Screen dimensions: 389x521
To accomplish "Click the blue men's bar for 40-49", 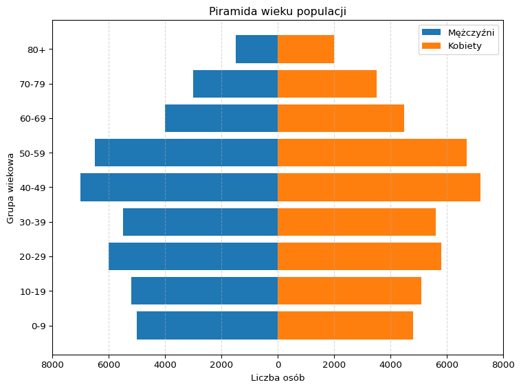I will [x=179, y=187].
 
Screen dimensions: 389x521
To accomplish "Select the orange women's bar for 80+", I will [x=306, y=49].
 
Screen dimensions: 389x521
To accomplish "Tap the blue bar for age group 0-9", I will [x=207, y=325].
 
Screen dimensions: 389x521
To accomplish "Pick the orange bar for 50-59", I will [x=372, y=153].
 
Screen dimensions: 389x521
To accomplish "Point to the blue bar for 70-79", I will [x=235, y=84].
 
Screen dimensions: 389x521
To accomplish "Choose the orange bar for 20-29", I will [x=359, y=256].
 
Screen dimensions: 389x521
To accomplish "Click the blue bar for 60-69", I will [x=221, y=118].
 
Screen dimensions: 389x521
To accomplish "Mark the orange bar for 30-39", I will [x=356, y=222].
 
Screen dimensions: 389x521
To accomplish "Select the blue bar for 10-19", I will [x=204, y=291].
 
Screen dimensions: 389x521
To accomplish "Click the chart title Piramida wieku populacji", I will [x=277, y=11].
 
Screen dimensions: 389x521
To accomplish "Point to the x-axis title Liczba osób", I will [x=277, y=378].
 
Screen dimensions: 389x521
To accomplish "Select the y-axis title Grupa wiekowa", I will [x=11, y=188].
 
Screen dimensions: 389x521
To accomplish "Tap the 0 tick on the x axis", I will [x=278, y=364].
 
